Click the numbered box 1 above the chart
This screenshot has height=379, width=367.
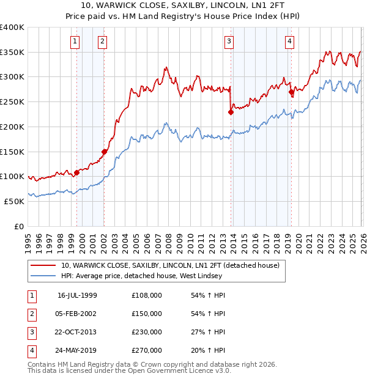click(75, 42)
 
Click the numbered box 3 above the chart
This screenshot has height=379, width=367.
click(229, 42)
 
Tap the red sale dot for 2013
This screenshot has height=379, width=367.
click(231, 112)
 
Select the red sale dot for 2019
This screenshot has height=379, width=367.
click(291, 92)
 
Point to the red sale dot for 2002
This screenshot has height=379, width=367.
click(104, 152)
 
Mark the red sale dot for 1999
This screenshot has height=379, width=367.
click(77, 172)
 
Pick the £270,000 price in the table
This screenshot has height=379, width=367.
click(147, 350)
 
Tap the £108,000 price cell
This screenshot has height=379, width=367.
click(147, 295)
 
